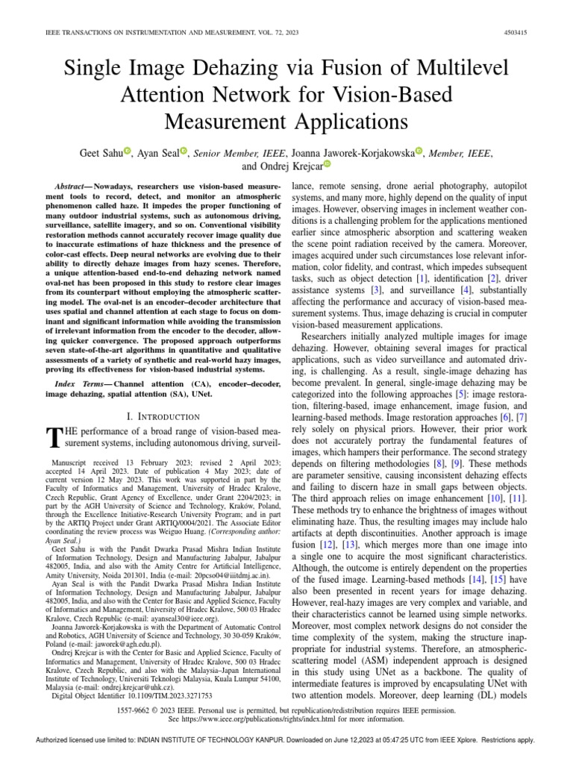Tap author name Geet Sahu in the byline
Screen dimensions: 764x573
[x=101, y=152]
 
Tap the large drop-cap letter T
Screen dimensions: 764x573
[x=53, y=437]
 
